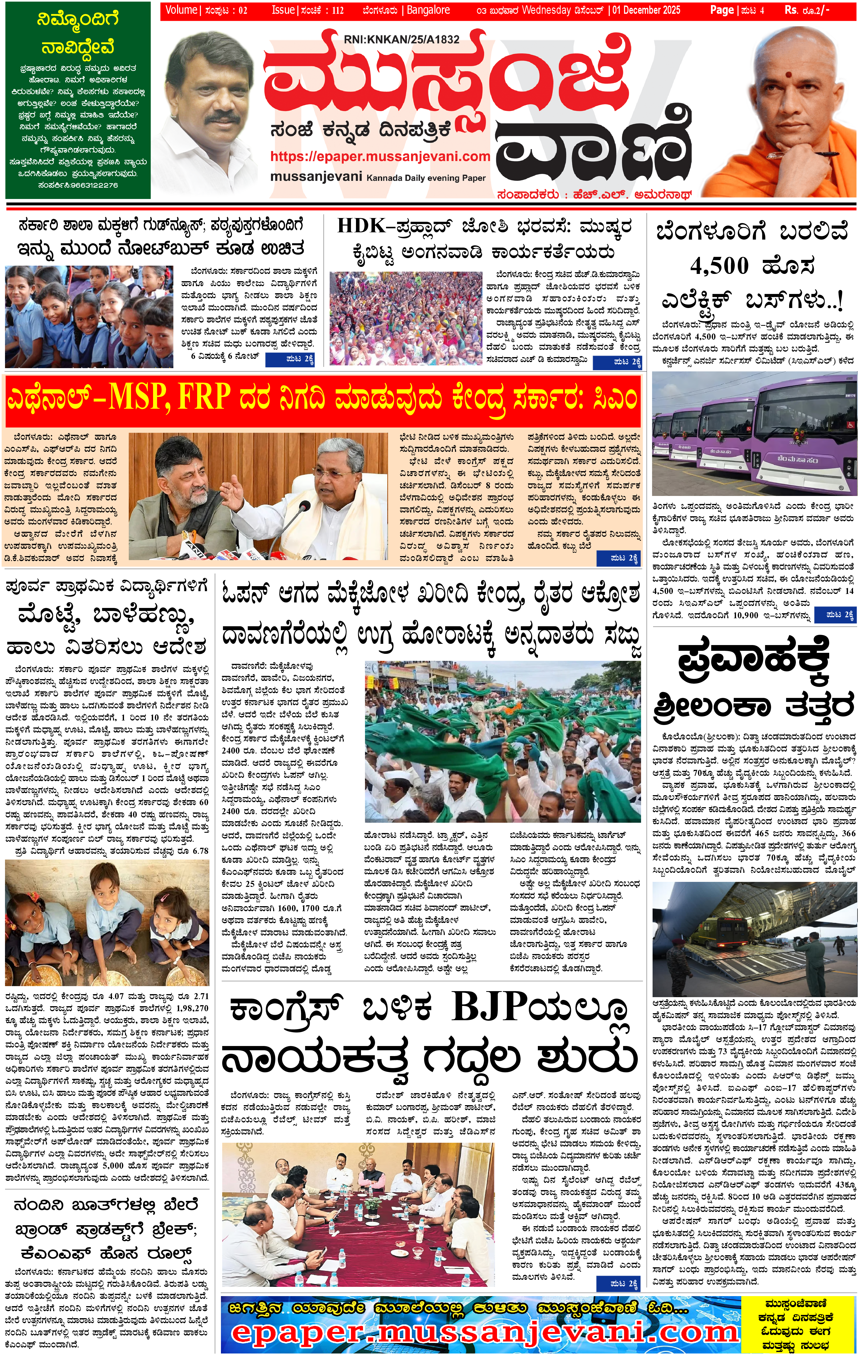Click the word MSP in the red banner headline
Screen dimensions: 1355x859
pyautogui.click(x=140, y=398)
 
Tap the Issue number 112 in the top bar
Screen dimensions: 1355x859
pyautogui.click(x=337, y=10)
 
